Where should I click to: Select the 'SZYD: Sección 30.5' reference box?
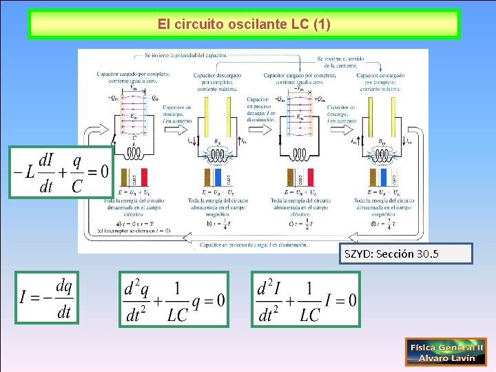[x=409, y=254]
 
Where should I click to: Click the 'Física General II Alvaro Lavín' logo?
[x=446, y=351]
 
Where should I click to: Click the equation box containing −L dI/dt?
[x=61, y=172]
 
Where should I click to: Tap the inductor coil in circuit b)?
[x=220, y=154]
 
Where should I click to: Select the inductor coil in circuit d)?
[x=383, y=154]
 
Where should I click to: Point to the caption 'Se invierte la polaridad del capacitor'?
[x=186, y=54]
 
